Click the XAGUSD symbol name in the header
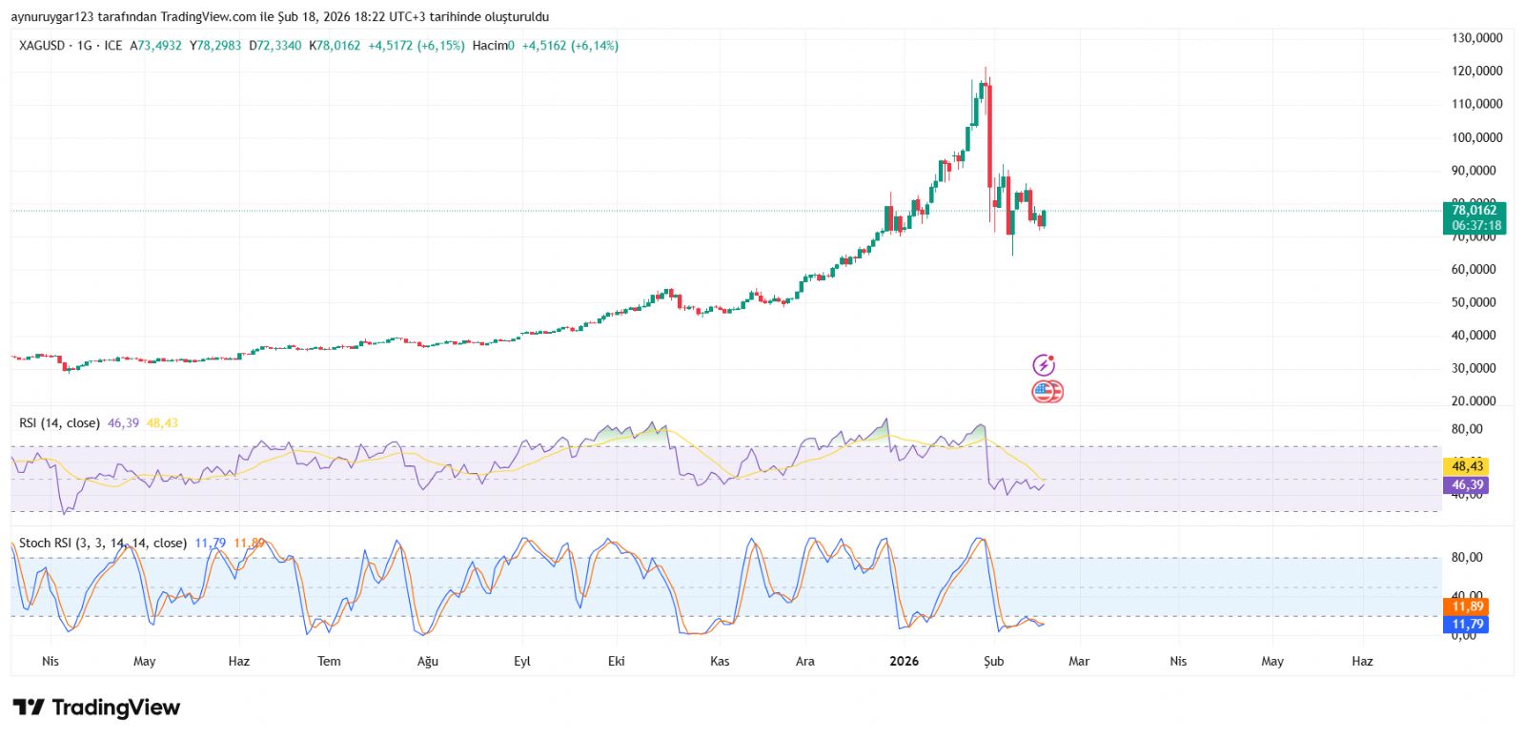click(42, 46)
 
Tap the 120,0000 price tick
click(1476, 72)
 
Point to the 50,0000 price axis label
click(1476, 302)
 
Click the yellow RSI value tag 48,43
click(1467, 466)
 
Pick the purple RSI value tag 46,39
click(1467, 485)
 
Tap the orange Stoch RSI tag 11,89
click(1467, 606)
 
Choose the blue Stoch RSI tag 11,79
click(1467, 625)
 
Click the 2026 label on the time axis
click(904, 662)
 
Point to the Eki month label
click(617, 662)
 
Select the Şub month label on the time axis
click(994, 662)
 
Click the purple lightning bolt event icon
click(1045, 365)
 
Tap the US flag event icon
click(1047, 391)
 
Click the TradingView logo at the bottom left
click(96, 708)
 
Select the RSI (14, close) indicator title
click(59, 423)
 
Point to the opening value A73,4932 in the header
click(155, 46)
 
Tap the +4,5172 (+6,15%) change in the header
click(417, 46)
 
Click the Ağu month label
click(428, 662)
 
